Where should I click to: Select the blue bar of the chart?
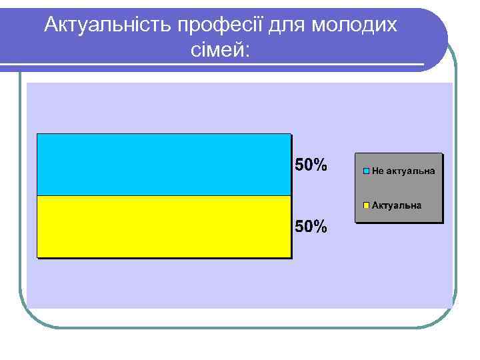click(163, 165)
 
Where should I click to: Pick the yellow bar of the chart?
click(163, 226)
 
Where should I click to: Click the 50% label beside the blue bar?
click(311, 164)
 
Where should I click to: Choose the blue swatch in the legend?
click(367, 171)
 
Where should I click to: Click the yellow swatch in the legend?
click(367, 205)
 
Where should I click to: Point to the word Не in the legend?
click(377, 171)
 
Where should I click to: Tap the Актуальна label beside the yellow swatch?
click(397, 205)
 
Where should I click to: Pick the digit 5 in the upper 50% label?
click(299, 164)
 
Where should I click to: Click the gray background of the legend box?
click(399, 188)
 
